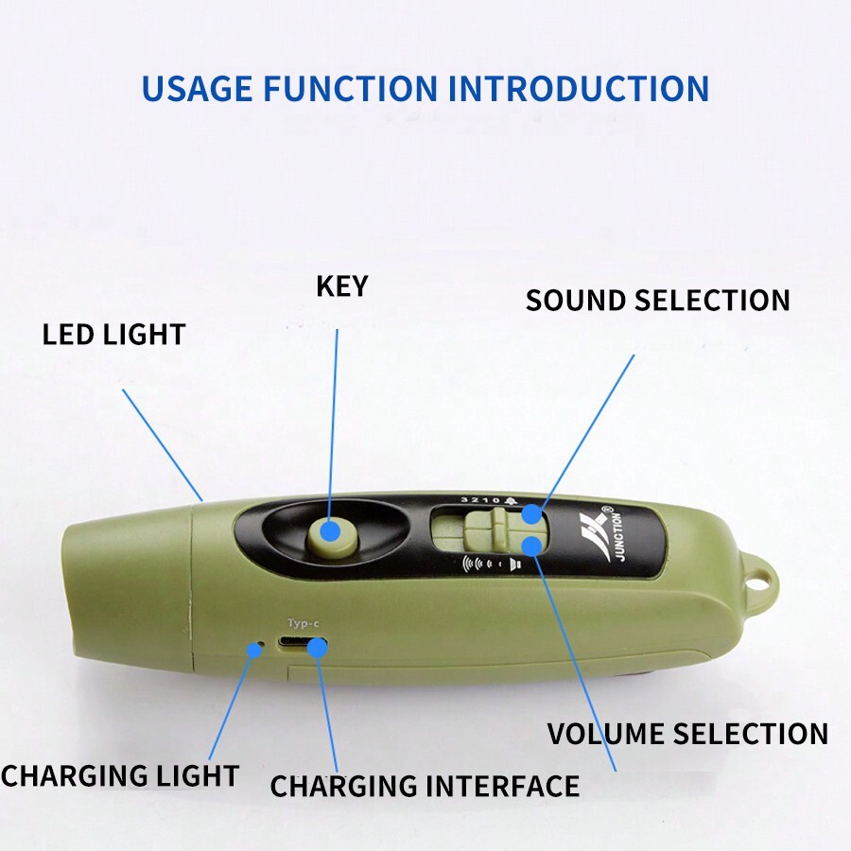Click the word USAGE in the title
[x=197, y=89]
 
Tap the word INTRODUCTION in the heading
[x=579, y=89]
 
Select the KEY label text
[x=342, y=286]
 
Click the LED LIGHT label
[x=114, y=335]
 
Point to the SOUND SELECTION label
[x=658, y=300]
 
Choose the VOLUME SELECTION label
[x=687, y=734]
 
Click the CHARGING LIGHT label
[x=120, y=775]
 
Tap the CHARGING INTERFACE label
[x=425, y=786]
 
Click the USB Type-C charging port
[x=302, y=644]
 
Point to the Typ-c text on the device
[x=304, y=623]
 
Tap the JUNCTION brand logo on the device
[x=603, y=534]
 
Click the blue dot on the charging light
[x=254, y=649]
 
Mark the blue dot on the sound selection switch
[x=531, y=514]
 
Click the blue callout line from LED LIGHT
[x=163, y=445]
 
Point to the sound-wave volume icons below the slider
[x=492, y=564]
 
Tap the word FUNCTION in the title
[x=351, y=89]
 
